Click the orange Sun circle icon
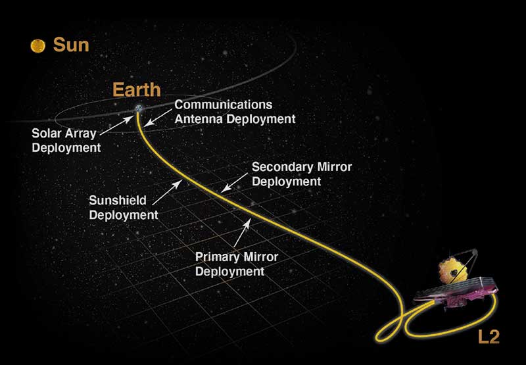[x=38, y=45]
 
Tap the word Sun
[x=71, y=45]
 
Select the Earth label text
[x=136, y=89]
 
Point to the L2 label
[x=489, y=337]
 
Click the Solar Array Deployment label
[x=66, y=139]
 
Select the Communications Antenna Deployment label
[x=234, y=112]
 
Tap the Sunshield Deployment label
[x=124, y=207]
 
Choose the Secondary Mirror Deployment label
[x=301, y=174]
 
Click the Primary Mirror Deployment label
[x=237, y=263]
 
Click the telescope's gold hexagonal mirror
[x=452, y=271]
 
